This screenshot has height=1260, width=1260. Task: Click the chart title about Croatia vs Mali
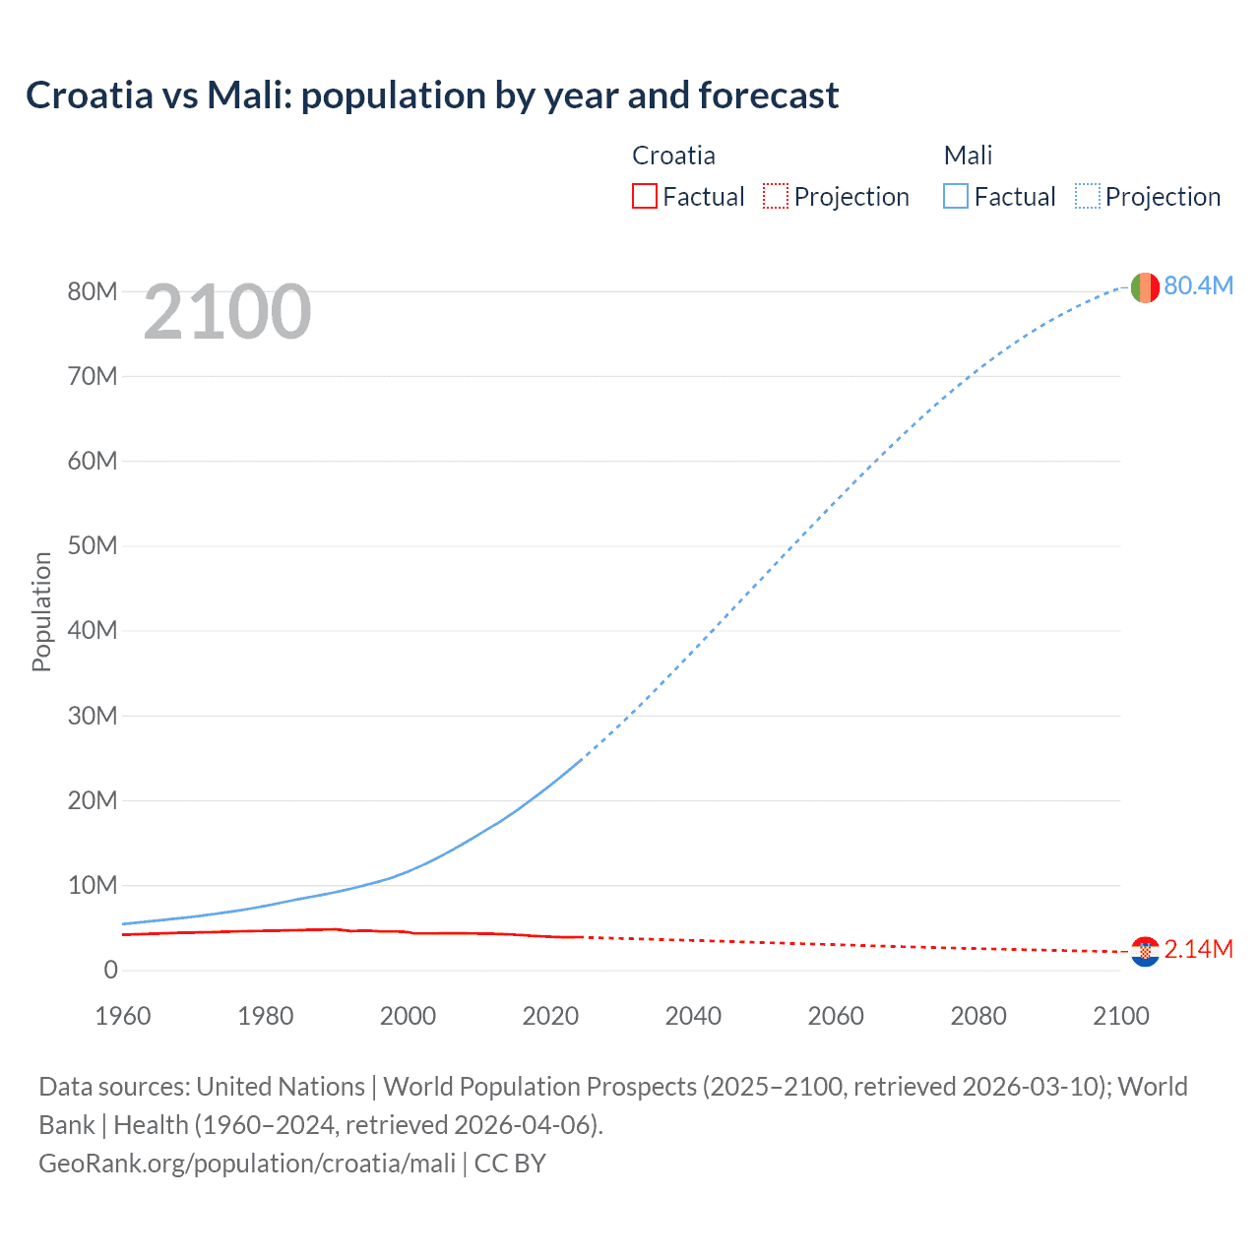432,95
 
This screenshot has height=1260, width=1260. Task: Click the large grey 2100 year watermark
227,313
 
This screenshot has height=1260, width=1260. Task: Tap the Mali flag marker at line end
1144,287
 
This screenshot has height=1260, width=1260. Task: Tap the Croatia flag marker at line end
1144,951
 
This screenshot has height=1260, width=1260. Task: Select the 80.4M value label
1198,285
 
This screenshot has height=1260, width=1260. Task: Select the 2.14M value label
1198,949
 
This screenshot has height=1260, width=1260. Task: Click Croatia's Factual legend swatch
644,196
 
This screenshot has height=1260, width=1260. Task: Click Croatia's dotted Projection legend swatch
776,196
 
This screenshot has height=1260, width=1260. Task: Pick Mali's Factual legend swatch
955,196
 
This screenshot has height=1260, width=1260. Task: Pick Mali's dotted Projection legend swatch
1087,196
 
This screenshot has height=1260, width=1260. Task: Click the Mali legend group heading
968,156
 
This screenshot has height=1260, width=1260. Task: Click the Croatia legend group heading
673,156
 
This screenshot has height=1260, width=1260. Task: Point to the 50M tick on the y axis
93,545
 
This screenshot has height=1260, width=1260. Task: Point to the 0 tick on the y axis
110,970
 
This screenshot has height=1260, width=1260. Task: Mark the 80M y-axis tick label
93,291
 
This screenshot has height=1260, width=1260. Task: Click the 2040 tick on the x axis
693,1016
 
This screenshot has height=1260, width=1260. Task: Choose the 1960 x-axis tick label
123,1016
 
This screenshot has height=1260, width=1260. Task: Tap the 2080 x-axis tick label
978,1016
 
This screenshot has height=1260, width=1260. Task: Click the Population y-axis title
41,611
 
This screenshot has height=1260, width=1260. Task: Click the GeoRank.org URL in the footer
247,1164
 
